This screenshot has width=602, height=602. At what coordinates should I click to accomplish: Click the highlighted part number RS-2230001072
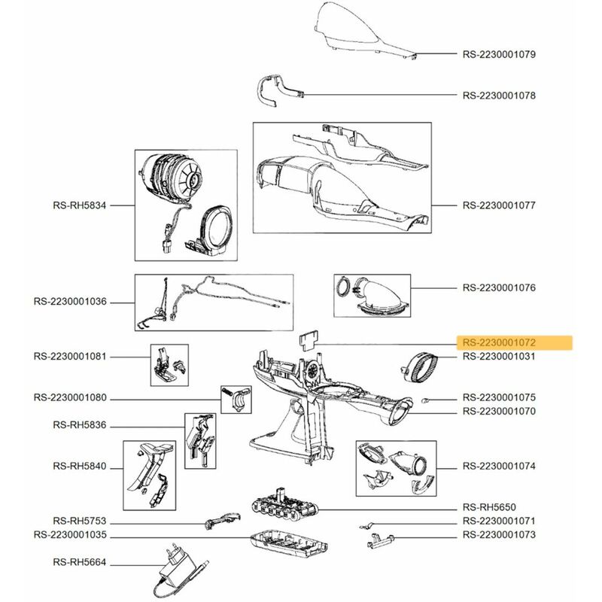pyautogui.click(x=498, y=343)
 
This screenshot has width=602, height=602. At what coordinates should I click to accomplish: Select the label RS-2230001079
pyautogui.click(x=498, y=54)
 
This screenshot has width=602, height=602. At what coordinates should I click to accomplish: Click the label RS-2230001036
pyautogui.click(x=70, y=302)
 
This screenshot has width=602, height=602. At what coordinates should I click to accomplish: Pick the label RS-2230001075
pyautogui.click(x=498, y=397)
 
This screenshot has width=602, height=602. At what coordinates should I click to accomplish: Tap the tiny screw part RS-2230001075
pyautogui.click(x=426, y=397)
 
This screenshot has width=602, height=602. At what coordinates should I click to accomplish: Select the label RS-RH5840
pyautogui.click(x=74, y=467)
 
